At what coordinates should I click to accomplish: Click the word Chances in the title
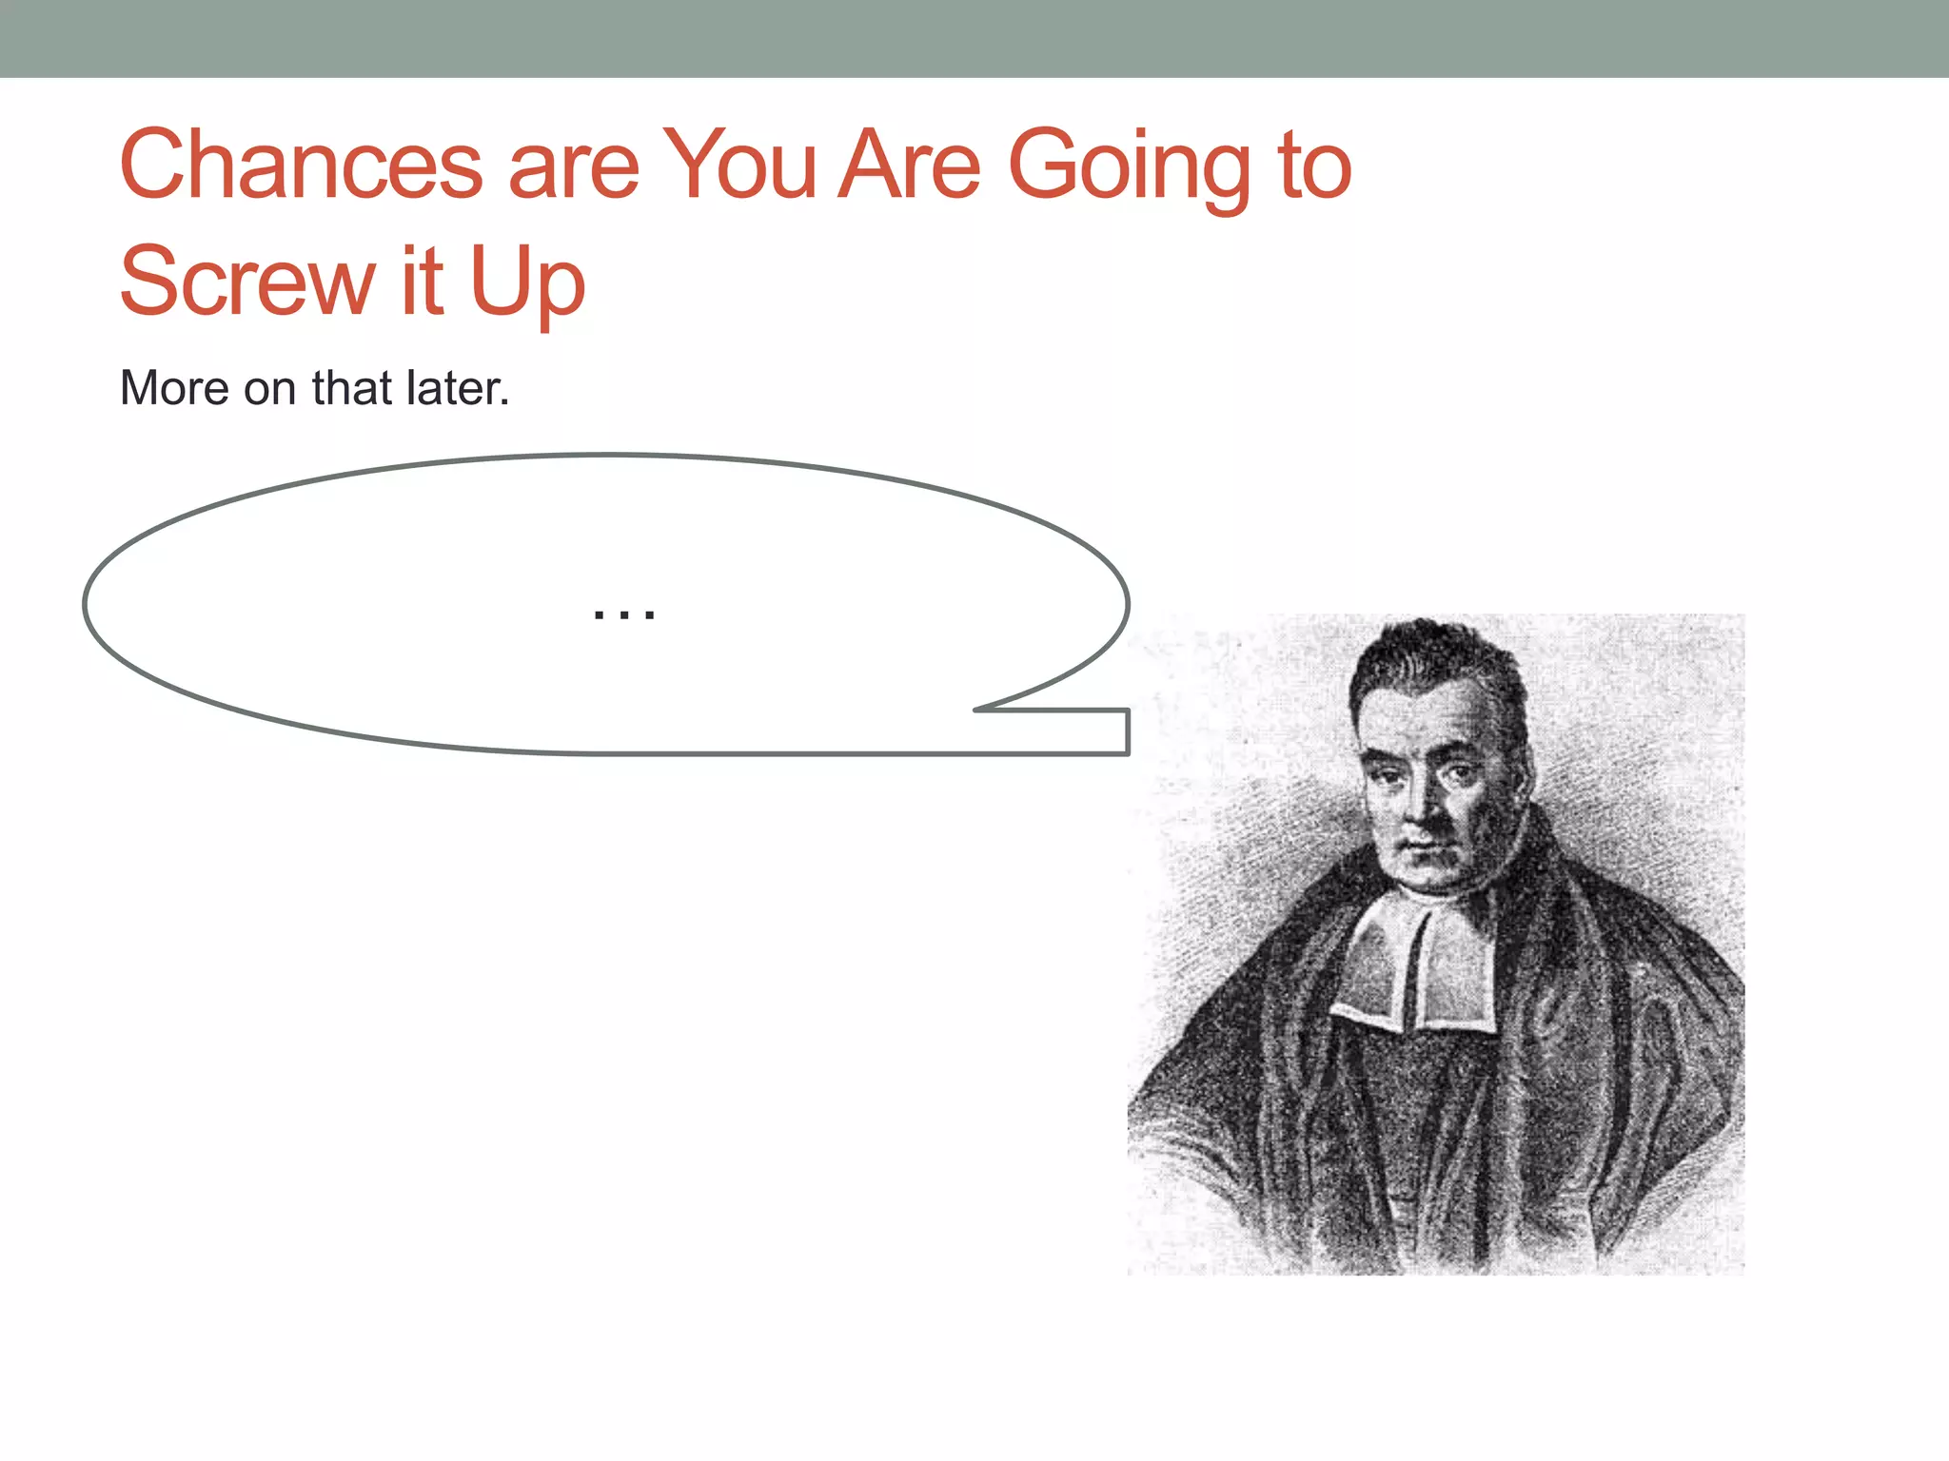[x=301, y=166]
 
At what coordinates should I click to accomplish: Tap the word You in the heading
[x=739, y=166]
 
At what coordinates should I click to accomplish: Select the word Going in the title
[x=1128, y=169]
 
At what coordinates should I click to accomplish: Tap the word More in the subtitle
[x=174, y=388]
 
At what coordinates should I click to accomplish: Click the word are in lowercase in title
[x=573, y=168]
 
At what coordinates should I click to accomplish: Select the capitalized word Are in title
[x=909, y=166]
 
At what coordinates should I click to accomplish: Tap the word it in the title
[x=422, y=282]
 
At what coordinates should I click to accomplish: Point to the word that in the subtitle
[x=352, y=388]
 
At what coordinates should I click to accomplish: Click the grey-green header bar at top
[x=974, y=38]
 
